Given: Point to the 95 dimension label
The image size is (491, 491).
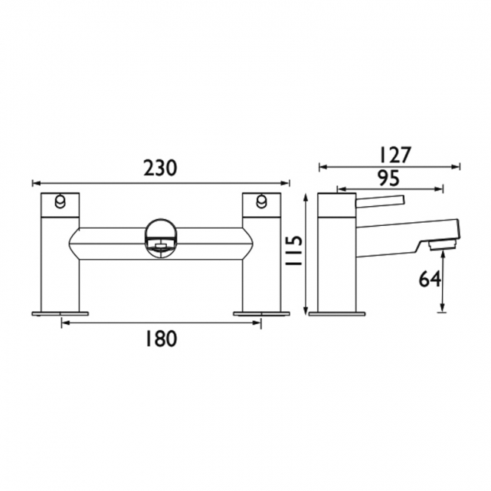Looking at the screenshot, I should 388,178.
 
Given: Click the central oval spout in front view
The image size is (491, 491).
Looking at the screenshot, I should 159,237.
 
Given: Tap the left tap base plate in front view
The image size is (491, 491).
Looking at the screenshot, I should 60,311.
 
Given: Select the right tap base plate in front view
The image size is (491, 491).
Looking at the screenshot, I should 261,311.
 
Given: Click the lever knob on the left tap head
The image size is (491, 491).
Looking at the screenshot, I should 59,200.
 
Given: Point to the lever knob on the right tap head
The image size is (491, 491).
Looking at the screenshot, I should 261,200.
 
